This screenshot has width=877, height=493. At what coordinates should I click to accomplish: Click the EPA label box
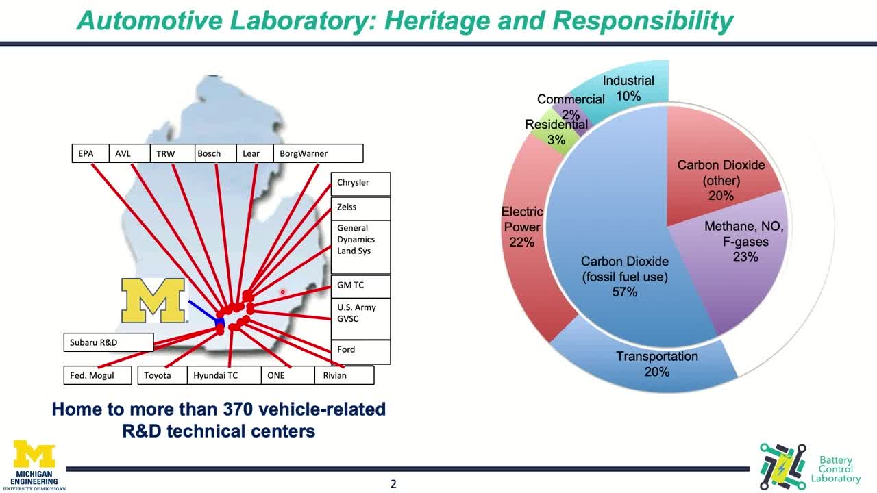90,153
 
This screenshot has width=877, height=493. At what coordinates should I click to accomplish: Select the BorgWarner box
319,153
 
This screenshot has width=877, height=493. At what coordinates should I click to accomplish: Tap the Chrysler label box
360,184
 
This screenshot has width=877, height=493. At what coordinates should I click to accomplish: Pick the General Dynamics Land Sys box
360,247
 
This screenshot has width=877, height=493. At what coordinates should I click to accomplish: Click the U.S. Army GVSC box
360,319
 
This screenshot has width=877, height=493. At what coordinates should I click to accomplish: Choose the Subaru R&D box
108,342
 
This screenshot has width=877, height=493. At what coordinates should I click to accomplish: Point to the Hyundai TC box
224,375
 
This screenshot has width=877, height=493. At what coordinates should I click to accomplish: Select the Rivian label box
344,375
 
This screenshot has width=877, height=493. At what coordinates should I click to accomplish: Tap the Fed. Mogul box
97,375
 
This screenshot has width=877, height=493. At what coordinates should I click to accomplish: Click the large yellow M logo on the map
153,301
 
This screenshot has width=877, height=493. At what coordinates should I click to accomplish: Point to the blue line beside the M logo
203,312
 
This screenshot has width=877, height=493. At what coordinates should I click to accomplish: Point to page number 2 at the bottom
393,484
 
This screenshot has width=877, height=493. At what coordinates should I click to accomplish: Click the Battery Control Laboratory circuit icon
782,466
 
